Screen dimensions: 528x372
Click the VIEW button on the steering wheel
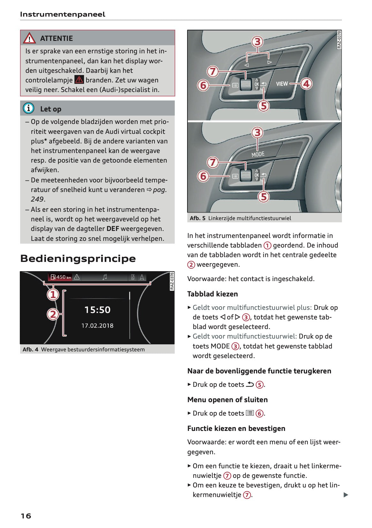pyautogui.click(x=282, y=84)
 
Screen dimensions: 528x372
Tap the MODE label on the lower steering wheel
pyautogui.click(x=258, y=154)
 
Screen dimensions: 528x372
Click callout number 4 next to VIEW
pyautogui.click(x=306, y=84)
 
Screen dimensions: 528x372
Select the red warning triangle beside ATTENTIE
pyautogui.click(x=29, y=38)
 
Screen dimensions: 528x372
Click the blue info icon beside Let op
pyautogui.click(x=29, y=109)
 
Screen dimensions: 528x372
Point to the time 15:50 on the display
pyautogui.click(x=97, y=310)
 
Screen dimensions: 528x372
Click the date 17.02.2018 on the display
pyautogui.click(x=97, y=325)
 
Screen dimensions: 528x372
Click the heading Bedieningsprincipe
pyautogui.click(x=78, y=258)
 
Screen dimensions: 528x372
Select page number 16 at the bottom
pyautogui.click(x=26, y=516)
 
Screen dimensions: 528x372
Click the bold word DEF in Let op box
pyautogui.click(x=113, y=229)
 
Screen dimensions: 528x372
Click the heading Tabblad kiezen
pyautogui.click(x=212, y=294)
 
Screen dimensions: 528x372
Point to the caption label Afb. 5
pyautogui.click(x=197, y=218)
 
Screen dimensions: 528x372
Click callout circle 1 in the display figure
pyautogui.click(x=53, y=294)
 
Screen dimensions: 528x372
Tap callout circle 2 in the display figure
pyautogui.click(x=53, y=314)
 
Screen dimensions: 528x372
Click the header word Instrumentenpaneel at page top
pyautogui.click(x=63, y=14)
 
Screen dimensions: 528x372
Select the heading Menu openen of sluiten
pyautogui.click(x=227, y=400)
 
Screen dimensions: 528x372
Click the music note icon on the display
pyautogui.click(x=105, y=277)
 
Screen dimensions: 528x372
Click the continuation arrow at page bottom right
pyautogui.click(x=345, y=495)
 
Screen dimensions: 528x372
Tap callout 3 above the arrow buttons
pyautogui.click(x=257, y=42)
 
